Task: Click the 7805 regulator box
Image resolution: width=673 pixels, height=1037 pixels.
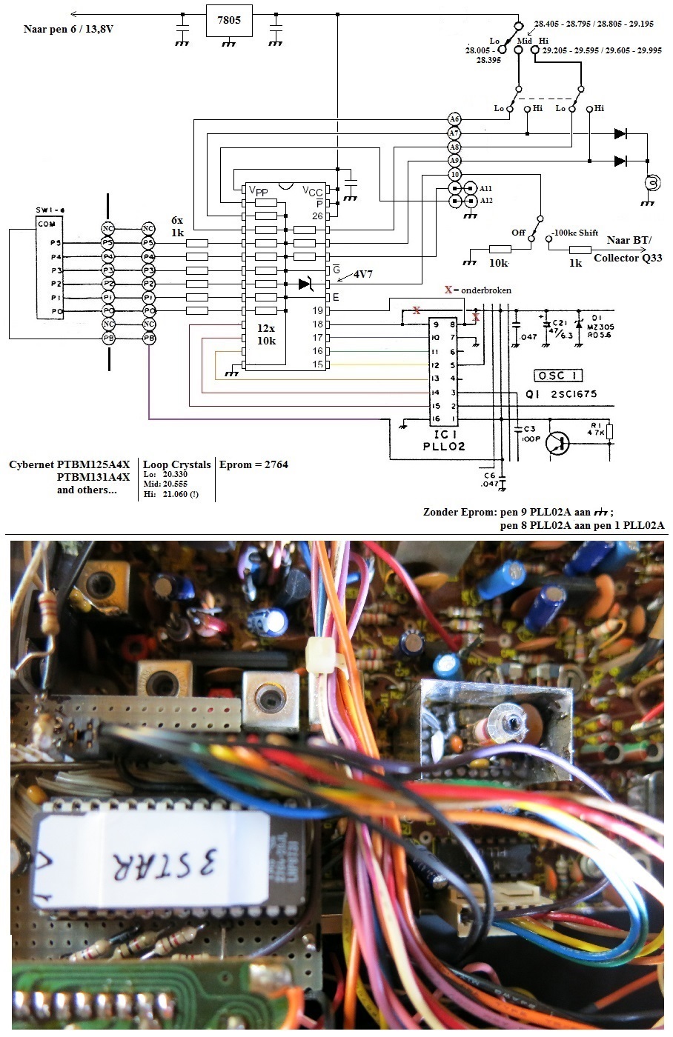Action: pyautogui.click(x=228, y=21)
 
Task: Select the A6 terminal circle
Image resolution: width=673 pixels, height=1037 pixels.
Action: pyautogui.click(x=454, y=119)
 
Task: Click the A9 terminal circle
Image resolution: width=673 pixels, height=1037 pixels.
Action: pyautogui.click(x=454, y=161)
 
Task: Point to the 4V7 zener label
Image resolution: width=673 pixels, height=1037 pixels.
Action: pyautogui.click(x=363, y=274)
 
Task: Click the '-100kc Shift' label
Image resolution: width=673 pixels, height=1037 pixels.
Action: pyautogui.click(x=574, y=233)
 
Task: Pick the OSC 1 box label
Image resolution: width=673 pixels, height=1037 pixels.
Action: pyautogui.click(x=559, y=376)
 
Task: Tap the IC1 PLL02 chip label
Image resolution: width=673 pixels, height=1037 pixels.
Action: pyautogui.click(x=444, y=440)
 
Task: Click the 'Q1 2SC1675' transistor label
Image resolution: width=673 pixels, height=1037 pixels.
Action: pyautogui.click(x=561, y=394)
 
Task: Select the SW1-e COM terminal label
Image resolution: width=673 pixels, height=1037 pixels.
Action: pyautogui.click(x=47, y=224)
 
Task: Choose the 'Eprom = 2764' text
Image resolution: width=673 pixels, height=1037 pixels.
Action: pyautogui.click(x=253, y=464)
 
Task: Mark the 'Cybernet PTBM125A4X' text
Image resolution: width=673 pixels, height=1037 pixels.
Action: pyautogui.click(x=69, y=464)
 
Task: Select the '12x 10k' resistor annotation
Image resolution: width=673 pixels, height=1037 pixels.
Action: pyautogui.click(x=266, y=334)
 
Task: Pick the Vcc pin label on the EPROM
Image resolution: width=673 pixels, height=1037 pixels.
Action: pyautogui.click(x=312, y=191)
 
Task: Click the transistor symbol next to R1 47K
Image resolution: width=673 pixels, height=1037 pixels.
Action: pyautogui.click(x=557, y=443)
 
